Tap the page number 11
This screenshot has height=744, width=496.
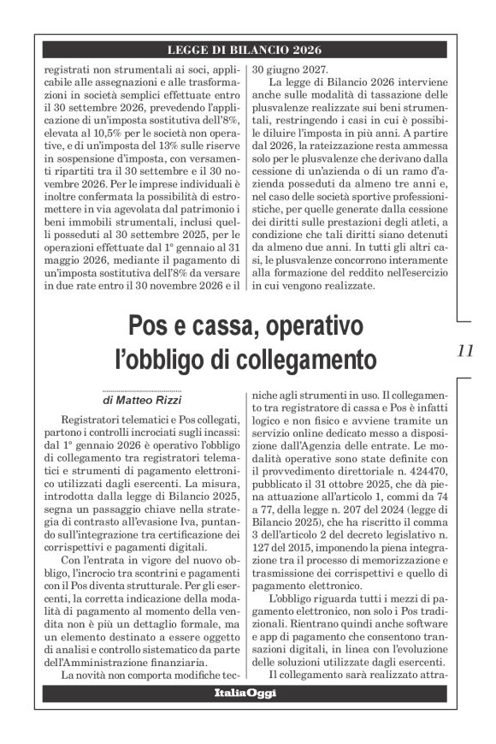466,351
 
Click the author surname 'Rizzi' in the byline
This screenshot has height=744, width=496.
175,398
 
